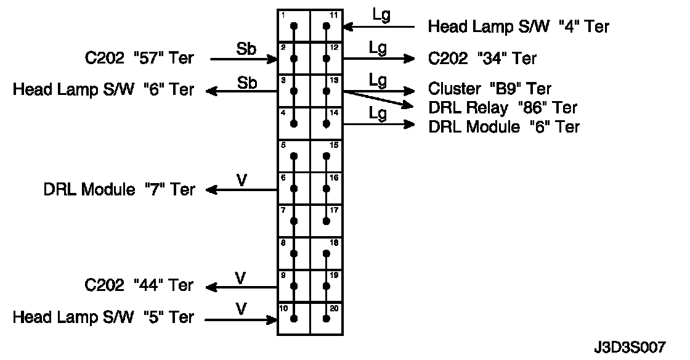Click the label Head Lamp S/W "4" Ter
click(x=519, y=27)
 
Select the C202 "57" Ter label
click(x=139, y=59)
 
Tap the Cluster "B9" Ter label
click(x=490, y=89)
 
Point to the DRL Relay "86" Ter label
click(x=503, y=108)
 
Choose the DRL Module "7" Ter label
click(x=119, y=189)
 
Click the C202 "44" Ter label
click(x=139, y=286)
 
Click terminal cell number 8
click(x=293, y=253)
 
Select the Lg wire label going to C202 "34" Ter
click(x=378, y=48)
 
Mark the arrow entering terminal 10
click(x=241, y=319)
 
